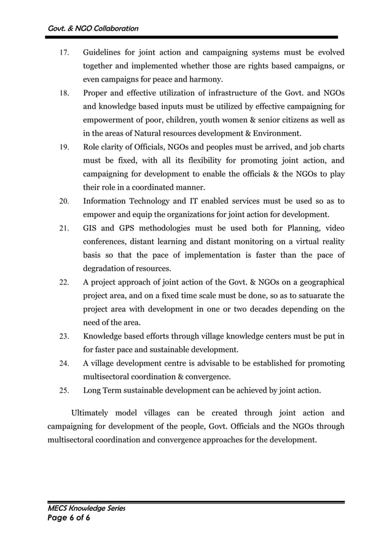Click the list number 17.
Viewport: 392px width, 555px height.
[63, 53]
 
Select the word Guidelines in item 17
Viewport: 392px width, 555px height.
[105, 52]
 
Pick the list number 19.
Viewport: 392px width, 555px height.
[63, 148]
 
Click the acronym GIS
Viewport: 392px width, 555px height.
[91, 228]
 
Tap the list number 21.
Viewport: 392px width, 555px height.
[63, 229]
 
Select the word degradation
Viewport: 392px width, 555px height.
[108, 268]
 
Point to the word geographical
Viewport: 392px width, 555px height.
[315, 282]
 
